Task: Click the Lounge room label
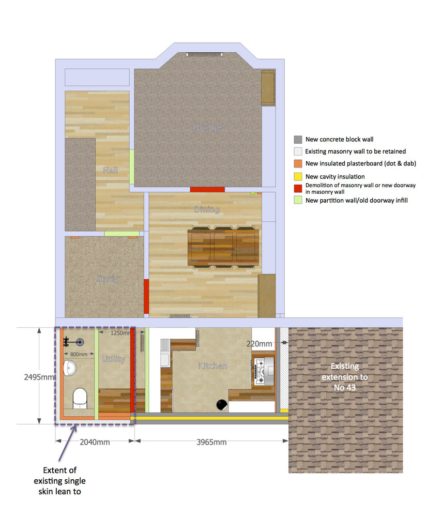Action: pyautogui.click(x=207, y=127)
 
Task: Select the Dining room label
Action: pyautogui.click(x=207, y=209)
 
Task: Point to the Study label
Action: pyautogui.click(x=107, y=279)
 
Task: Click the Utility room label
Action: pyautogui.click(x=113, y=359)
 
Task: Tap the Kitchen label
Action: pyautogui.click(x=212, y=366)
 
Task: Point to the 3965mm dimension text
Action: pyautogui.click(x=211, y=442)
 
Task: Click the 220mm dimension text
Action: pyautogui.click(x=260, y=343)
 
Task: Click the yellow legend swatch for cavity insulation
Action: pyautogui.click(x=298, y=176)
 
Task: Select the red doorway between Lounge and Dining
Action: pyautogui.click(x=207, y=190)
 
